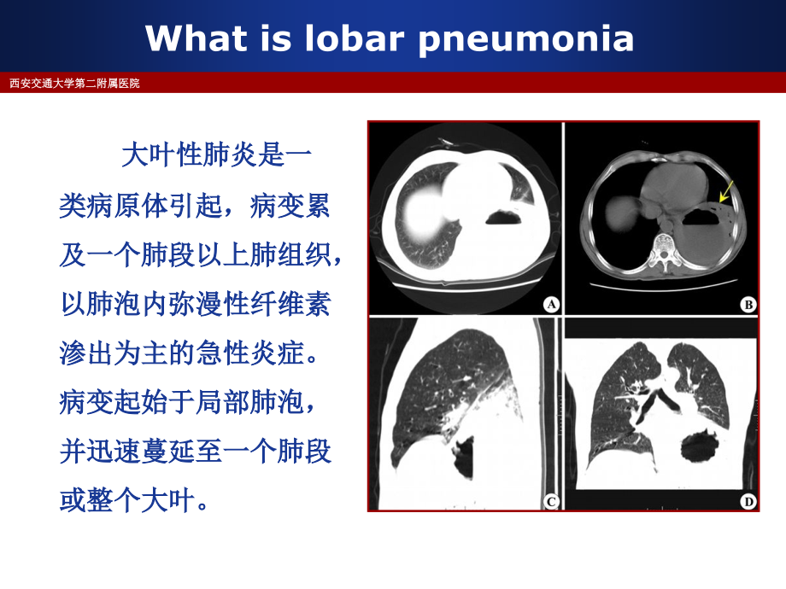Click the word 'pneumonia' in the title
[x=525, y=38]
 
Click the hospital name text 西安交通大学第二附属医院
[x=74, y=83]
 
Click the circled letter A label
[x=550, y=303]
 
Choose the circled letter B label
[x=748, y=303]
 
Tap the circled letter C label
[x=550, y=501]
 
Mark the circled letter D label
[x=748, y=501]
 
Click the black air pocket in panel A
[x=508, y=218]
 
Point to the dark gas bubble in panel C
[x=461, y=457]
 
